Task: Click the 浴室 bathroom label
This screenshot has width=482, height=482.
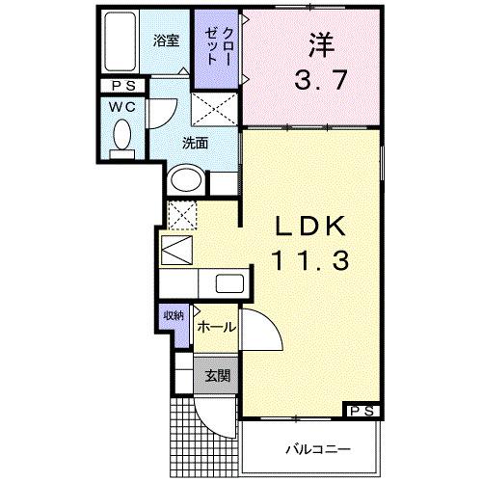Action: (167, 40)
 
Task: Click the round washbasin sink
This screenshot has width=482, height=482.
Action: (185, 180)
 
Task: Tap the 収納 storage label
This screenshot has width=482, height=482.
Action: (173, 315)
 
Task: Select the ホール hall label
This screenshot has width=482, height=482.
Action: (215, 328)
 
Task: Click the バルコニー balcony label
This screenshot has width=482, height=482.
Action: (316, 449)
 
